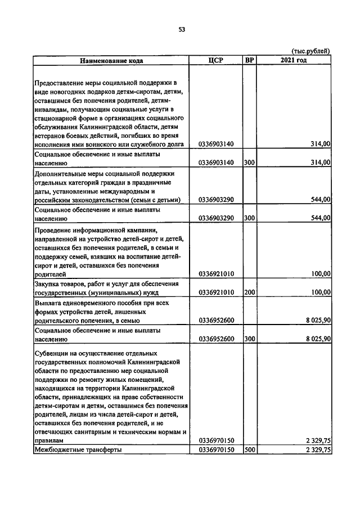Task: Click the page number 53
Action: (x=182, y=29)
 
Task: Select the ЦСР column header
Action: (x=216, y=60)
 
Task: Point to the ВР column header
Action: (x=249, y=60)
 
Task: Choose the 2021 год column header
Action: (x=294, y=60)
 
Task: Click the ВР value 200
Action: (x=250, y=292)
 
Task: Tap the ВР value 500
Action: (x=250, y=450)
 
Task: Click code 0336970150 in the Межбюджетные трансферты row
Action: (x=217, y=450)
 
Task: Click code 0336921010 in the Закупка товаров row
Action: (x=217, y=292)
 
